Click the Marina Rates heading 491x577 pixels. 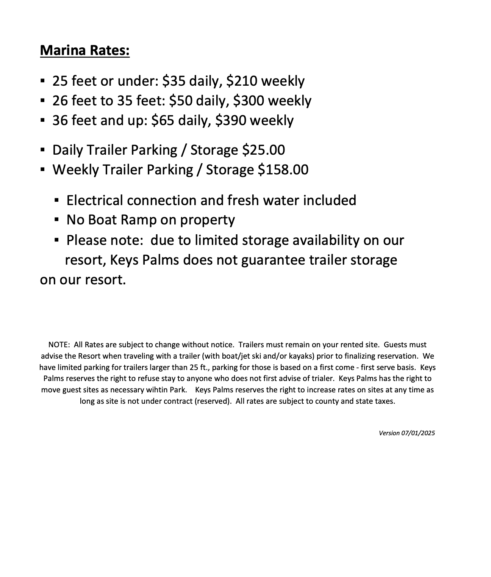coord(84,50)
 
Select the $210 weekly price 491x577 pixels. coord(242,81)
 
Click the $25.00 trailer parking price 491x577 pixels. coord(264,150)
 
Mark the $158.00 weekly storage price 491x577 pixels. coord(283,169)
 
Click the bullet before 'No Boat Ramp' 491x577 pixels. coord(56,220)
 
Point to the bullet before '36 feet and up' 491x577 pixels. coord(42,121)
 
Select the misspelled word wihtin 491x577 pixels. coord(153,390)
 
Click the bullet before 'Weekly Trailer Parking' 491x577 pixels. coord(42,170)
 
